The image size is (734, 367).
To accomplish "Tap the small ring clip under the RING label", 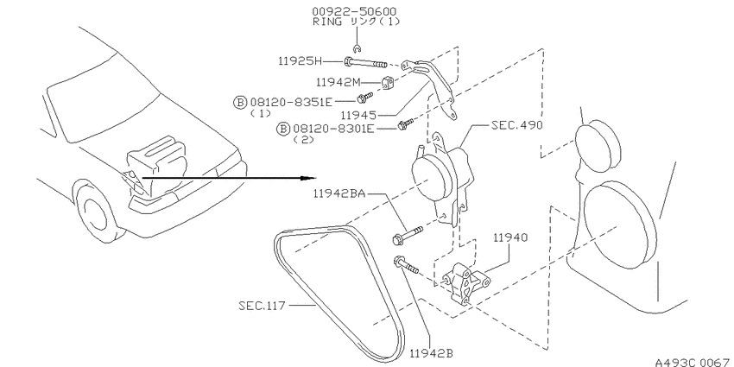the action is click(x=358, y=47).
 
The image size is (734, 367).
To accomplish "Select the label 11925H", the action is click(x=299, y=60).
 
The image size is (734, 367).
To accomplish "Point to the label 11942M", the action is click(x=339, y=82).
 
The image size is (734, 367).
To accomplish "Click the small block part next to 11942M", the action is click(x=387, y=83).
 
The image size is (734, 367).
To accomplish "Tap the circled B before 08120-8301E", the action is click(x=284, y=128).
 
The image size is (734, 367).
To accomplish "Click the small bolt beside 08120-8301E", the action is click(x=406, y=124).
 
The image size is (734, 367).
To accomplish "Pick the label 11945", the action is click(x=359, y=115).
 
